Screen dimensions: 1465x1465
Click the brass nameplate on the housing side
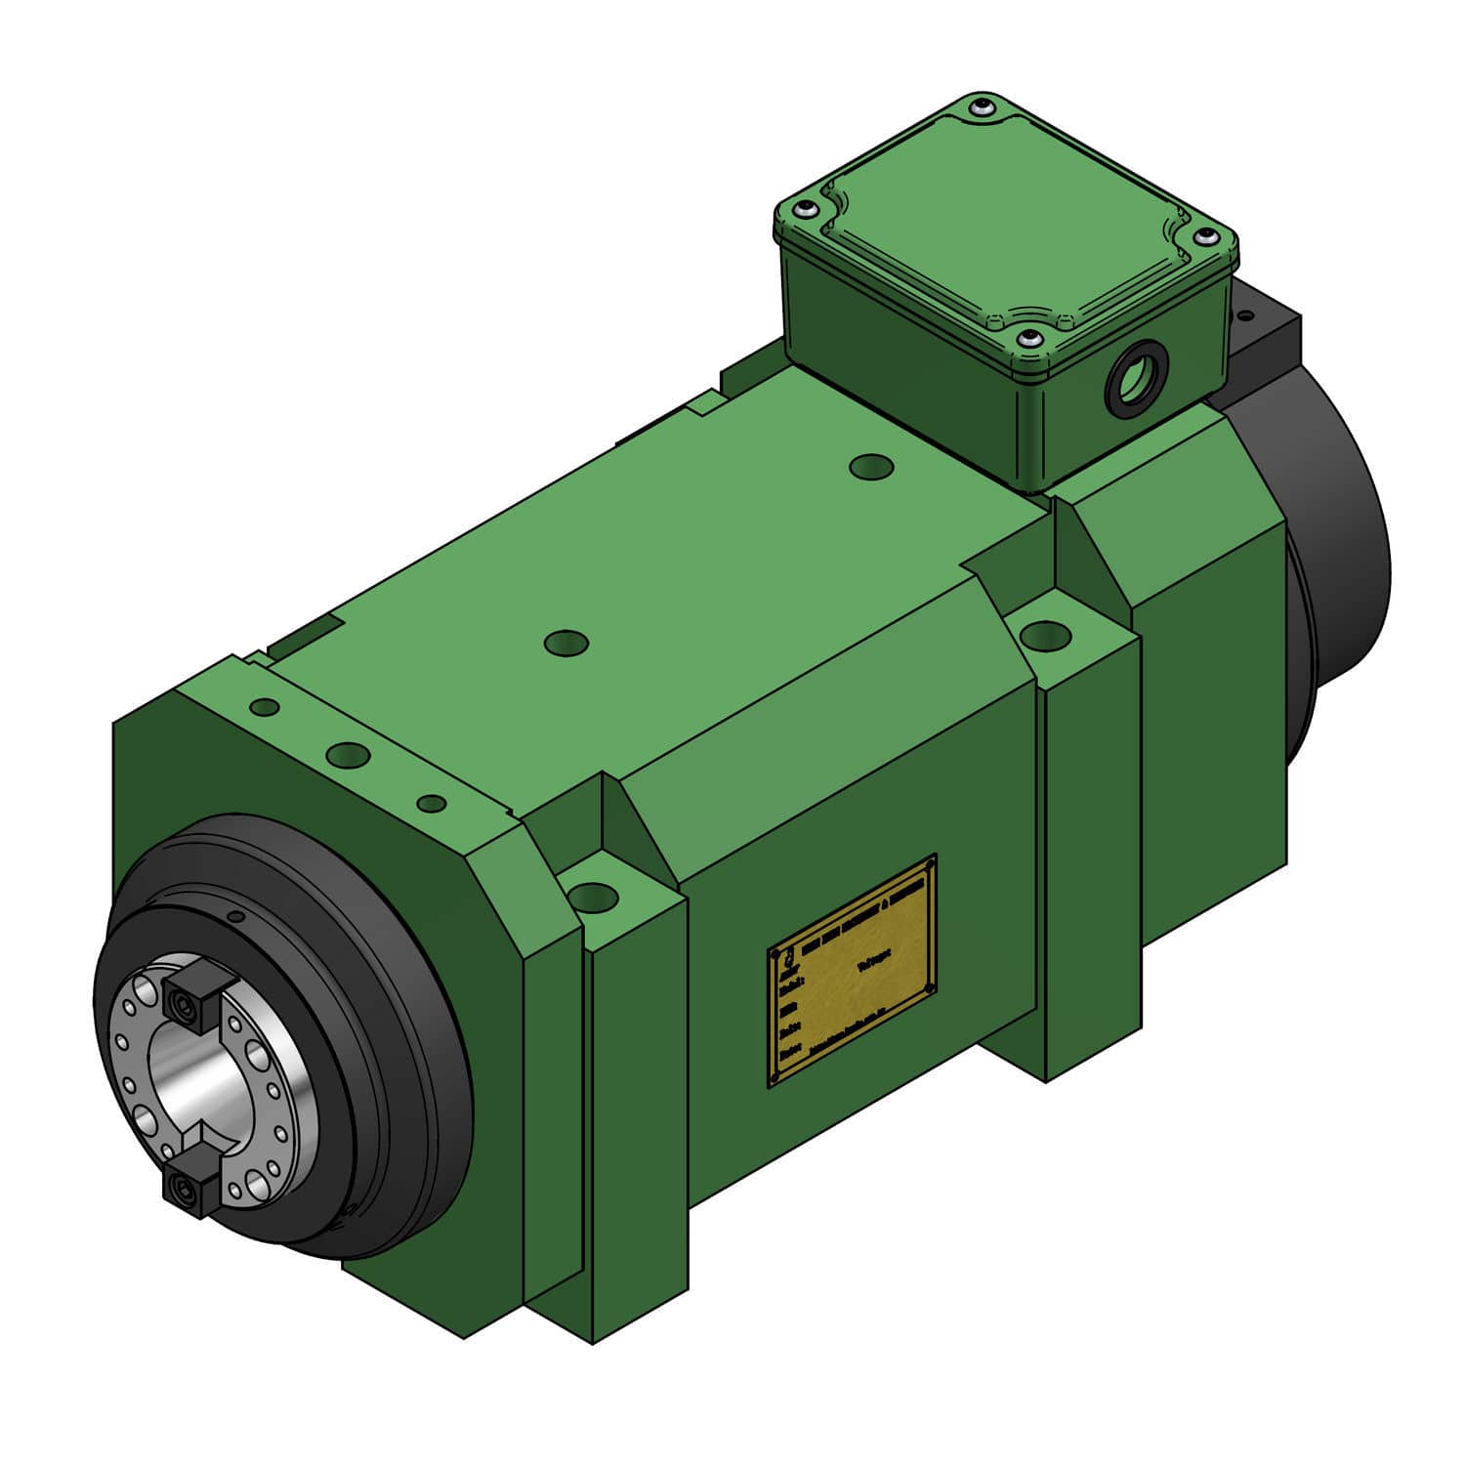click(853, 972)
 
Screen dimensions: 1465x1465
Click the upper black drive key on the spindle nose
click(188, 998)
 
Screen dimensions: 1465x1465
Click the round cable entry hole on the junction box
click(1133, 376)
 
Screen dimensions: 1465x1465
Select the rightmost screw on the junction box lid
click(1209, 237)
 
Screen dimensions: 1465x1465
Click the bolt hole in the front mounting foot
click(592, 895)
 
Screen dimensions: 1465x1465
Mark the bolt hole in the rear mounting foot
click(1044, 635)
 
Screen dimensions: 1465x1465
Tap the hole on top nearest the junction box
click(872, 466)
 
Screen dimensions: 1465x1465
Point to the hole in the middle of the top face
click(566, 643)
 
